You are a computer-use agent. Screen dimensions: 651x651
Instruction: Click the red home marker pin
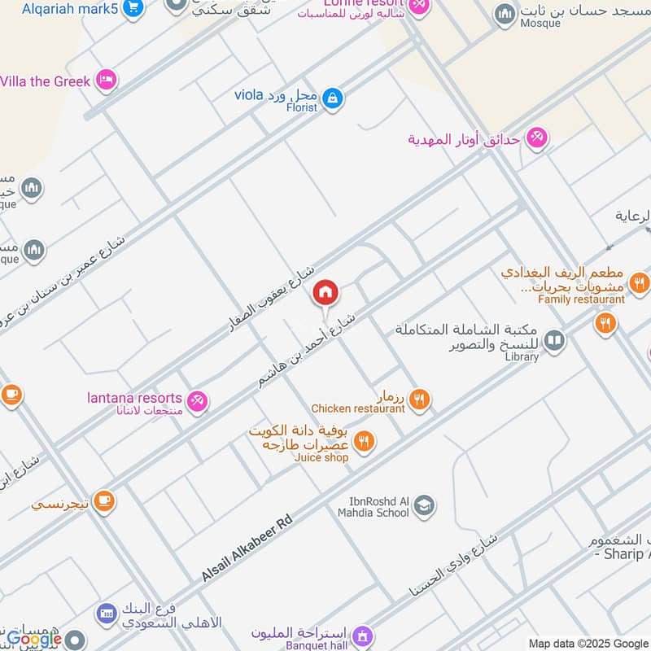click(325, 292)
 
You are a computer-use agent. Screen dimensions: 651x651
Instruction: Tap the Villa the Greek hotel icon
click(105, 81)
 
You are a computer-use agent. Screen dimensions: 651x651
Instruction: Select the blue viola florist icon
click(331, 99)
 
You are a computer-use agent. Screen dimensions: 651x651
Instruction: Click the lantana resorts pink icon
click(197, 400)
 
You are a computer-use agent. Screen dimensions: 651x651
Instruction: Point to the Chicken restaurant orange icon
click(419, 399)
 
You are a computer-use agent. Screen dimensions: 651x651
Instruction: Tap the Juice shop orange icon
click(364, 442)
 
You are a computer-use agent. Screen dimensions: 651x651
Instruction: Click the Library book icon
click(554, 339)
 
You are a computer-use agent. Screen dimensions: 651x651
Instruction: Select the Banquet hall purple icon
click(363, 634)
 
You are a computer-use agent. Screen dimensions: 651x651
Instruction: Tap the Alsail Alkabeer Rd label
click(246, 548)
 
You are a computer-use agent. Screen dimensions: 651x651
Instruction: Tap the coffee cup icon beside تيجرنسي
click(103, 502)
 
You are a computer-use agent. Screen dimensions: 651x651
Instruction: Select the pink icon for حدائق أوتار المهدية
click(536, 138)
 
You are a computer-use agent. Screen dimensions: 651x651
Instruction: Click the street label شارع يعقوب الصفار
click(274, 301)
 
